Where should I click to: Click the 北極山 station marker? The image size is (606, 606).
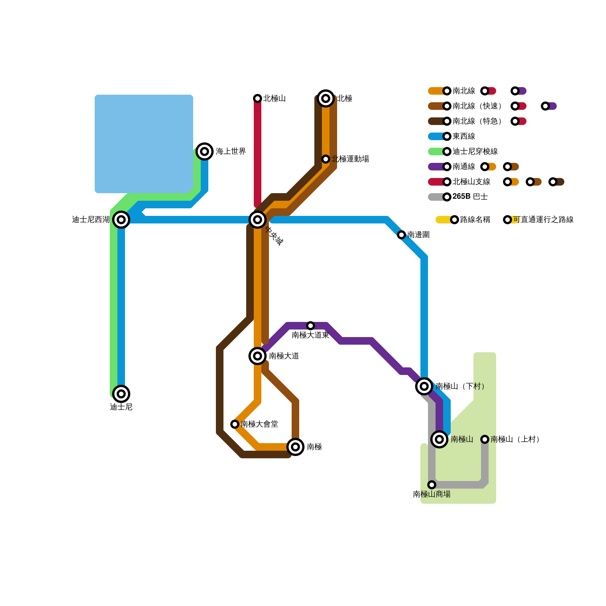click(258, 98)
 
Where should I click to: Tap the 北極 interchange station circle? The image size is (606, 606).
click(326, 98)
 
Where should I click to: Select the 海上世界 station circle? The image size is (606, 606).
click(205, 151)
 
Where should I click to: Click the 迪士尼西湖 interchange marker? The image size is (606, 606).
click(121, 220)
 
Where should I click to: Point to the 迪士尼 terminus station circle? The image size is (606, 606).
click(121, 394)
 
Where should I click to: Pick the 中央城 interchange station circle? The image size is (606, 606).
click(258, 220)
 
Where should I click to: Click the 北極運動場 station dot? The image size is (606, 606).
click(326, 159)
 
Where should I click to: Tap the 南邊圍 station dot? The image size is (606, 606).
click(401, 235)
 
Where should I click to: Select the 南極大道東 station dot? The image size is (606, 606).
click(311, 326)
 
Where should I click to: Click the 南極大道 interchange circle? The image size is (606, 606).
click(258, 356)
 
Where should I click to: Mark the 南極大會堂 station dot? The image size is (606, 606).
click(235, 424)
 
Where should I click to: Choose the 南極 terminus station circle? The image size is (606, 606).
click(295, 447)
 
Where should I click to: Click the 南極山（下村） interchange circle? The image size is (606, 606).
click(424, 386)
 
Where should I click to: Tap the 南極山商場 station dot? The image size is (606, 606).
click(432, 485)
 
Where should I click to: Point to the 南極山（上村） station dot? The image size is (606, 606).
click(485, 439)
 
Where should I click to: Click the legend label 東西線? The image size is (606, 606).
click(464, 136)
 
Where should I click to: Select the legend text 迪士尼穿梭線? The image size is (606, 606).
click(475, 151)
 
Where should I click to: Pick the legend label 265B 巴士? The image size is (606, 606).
click(470, 197)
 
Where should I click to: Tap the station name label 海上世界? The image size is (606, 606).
click(231, 151)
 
